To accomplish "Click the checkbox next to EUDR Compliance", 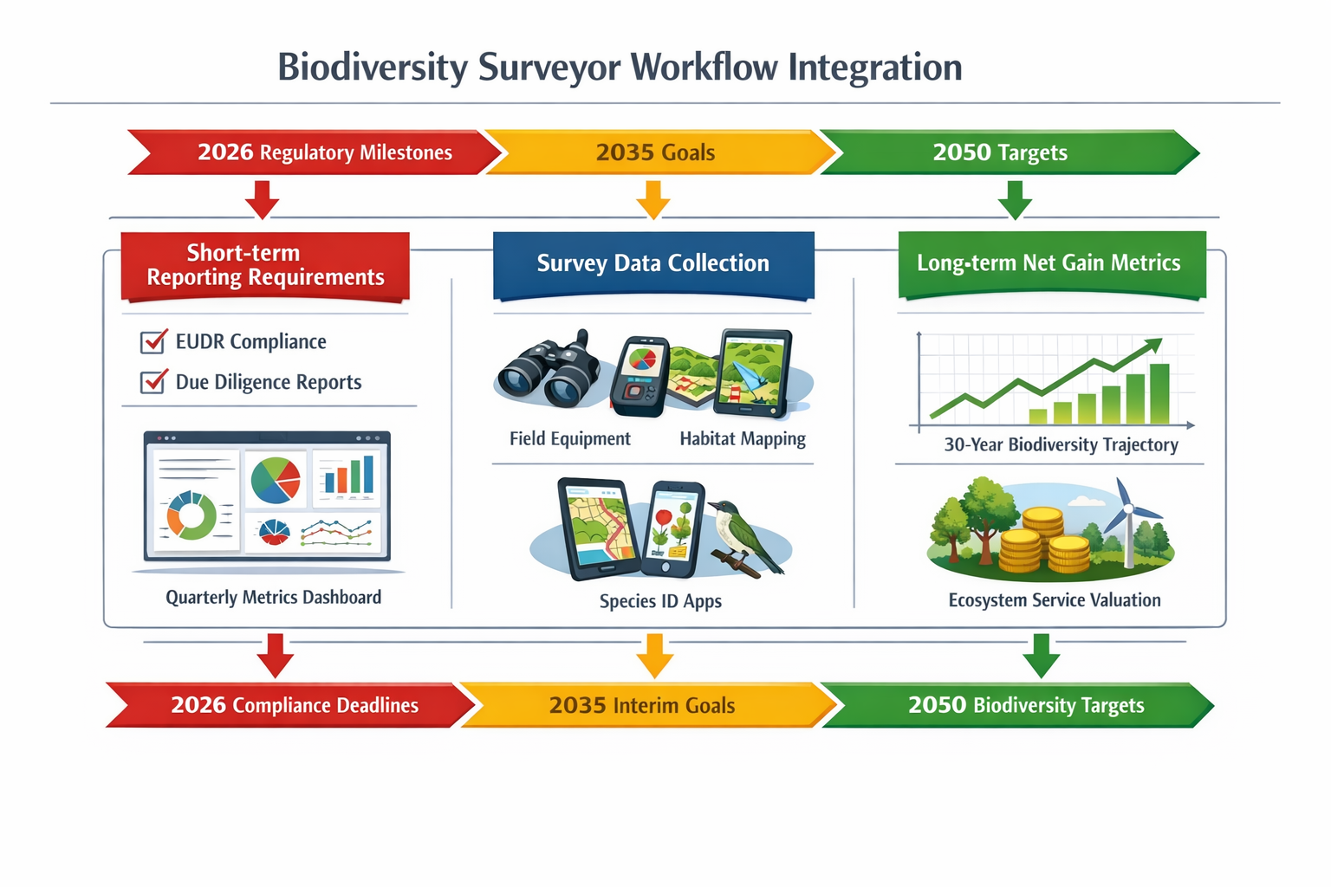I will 153,342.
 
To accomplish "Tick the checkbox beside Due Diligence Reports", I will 153,381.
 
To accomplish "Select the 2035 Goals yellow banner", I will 656,152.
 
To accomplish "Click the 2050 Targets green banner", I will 1001,152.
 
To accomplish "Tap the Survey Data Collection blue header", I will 653,263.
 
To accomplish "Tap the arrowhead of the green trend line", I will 1154,345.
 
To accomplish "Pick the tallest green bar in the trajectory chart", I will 1159,394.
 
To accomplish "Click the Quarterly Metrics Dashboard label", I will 273,598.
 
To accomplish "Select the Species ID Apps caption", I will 660,601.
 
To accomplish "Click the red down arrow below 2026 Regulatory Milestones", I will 262,200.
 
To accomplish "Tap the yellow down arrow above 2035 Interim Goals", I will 654,656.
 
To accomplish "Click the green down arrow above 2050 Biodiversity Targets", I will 1041,656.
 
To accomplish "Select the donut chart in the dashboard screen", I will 191,515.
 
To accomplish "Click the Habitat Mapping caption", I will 743,439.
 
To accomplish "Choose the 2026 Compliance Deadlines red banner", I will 294,705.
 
